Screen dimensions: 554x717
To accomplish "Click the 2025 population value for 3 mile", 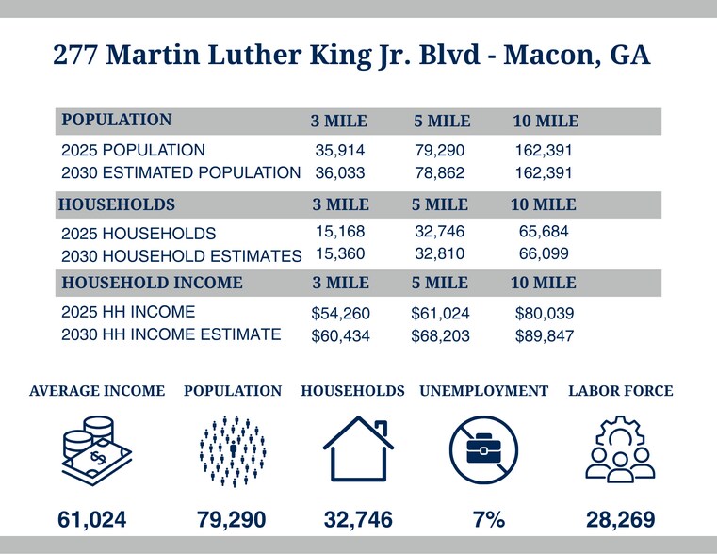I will pyautogui.click(x=338, y=150).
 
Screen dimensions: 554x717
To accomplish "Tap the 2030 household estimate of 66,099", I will pyautogui.click(x=544, y=254).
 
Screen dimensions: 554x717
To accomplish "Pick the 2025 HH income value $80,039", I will pyautogui.click(x=545, y=312).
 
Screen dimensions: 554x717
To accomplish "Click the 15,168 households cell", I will pyautogui.click(x=338, y=231).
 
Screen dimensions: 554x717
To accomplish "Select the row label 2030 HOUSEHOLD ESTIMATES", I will pyautogui.click(x=181, y=255).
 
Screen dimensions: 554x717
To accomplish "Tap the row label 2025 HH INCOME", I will pyautogui.click(x=128, y=312).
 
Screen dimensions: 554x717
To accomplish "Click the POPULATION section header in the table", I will pyautogui.click(x=116, y=121).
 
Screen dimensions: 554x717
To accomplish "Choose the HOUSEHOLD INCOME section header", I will pyautogui.click(x=152, y=283).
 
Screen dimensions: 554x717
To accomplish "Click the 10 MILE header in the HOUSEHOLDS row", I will pyautogui.click(x=544, y=204).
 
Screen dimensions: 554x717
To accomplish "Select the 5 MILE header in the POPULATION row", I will pyautogui.click(x=441, y=122).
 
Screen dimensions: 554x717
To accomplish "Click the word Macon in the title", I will pyautogui.click(x=544, y=56).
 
